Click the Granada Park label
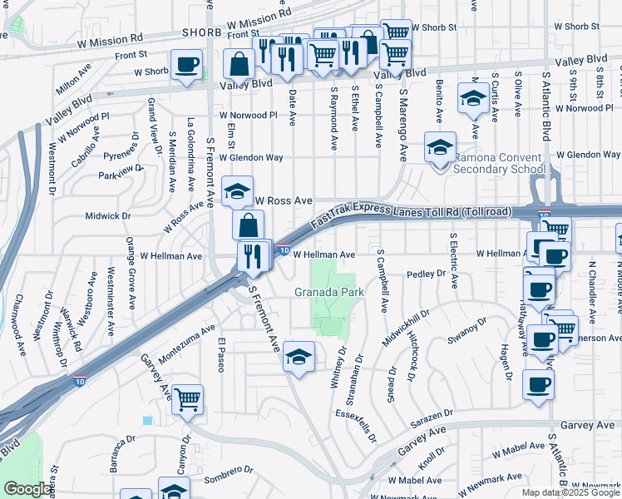[329, 293]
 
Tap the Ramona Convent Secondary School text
[498, 162]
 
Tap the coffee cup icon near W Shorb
[186, 64]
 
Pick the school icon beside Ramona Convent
[440, 148]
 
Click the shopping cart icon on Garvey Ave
[187, 399]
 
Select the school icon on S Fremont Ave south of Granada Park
[299, 357]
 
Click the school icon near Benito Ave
[473, 98]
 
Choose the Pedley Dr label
[427, 274]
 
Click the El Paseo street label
[221, 356]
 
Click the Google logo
[27, 489]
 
